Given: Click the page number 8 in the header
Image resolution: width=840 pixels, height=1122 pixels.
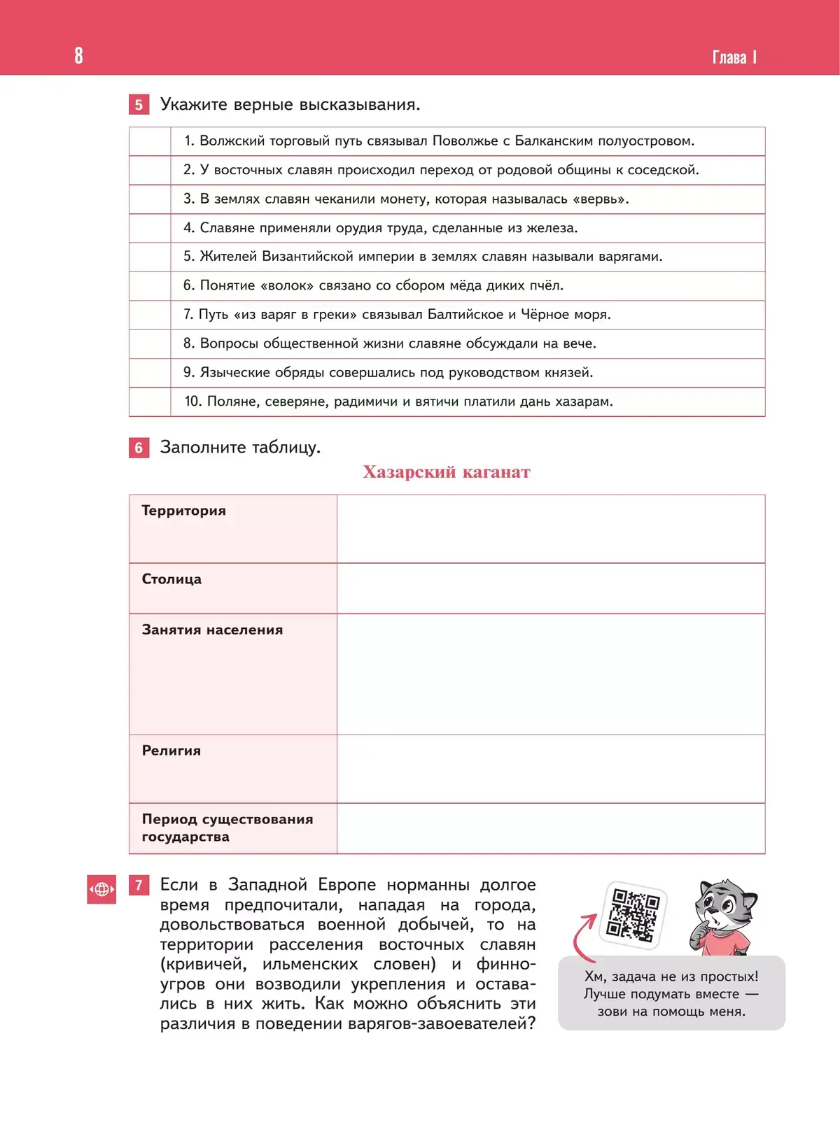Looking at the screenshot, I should [78, 55].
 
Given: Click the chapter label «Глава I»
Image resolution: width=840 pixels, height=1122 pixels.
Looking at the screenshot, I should [734, 57].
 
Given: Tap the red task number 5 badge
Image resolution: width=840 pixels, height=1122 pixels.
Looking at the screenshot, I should [139, 105].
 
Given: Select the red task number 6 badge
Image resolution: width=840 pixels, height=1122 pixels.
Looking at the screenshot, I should [139, 448].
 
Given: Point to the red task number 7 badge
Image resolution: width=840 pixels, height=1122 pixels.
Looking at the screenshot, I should [139, 886].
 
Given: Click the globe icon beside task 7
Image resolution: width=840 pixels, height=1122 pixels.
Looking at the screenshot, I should [101, 889].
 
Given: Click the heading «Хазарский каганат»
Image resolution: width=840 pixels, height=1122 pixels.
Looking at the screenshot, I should [447, 472].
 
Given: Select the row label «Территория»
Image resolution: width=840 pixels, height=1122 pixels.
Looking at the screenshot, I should [184, 511].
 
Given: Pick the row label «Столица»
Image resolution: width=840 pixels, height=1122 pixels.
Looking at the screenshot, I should [171, 579].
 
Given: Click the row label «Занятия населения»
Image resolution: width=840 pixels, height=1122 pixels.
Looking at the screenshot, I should [212, 630].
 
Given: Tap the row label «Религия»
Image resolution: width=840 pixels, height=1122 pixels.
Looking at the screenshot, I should [171, 751].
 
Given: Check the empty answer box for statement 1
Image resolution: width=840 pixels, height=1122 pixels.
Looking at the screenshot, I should [150, 141].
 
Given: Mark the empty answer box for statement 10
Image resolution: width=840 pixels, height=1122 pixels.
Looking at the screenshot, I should [150, 402].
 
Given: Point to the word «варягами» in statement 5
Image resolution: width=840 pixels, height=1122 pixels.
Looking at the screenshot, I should [629, 257].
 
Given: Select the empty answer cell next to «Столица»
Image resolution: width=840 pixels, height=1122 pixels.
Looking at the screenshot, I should [550, 588].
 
